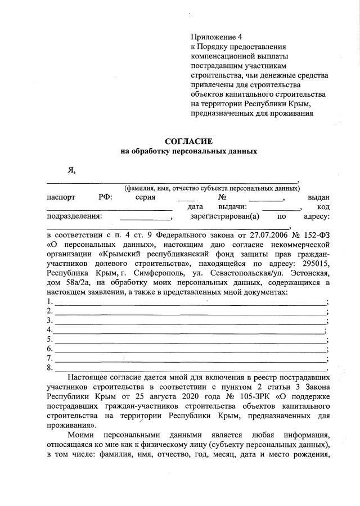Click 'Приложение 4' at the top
coord(214,36)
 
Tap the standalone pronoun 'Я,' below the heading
coord(71,170)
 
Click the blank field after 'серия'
coord(187,198)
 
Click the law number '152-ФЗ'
coord(317,236)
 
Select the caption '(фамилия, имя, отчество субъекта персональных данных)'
coord(212,188)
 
